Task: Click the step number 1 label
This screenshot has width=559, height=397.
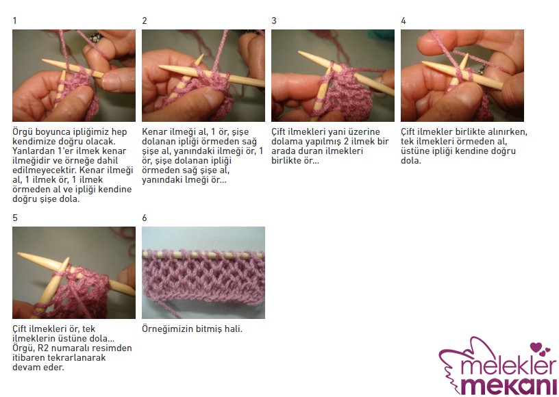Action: pyautogui.click(x=14, y=21)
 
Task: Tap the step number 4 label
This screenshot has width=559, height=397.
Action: pyautogui.click(x=403, y=21)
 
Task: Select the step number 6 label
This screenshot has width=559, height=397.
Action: pyautogui.click(x=145, y=218)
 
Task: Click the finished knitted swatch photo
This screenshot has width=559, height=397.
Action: pyautogui.click(x=203, y=272)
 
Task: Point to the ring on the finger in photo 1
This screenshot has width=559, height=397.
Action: pyautogui.click(x=95, y=36)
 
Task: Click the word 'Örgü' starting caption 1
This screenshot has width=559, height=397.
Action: pyautogui.click(x=23, y=132)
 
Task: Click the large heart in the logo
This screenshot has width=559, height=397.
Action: pyautogui.click(x=536, y=347)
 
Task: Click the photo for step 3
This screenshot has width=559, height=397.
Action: pyautogui.click(x=333, y=75)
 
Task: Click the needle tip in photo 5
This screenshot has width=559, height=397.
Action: pyautogui.click(x=19, y=254)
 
